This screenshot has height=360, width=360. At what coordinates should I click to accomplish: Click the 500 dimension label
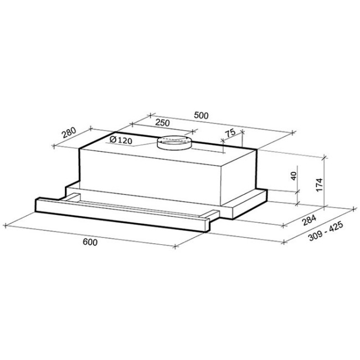click(x=201, y=115)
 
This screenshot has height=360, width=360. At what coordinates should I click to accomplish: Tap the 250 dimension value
click(x=162, y=122)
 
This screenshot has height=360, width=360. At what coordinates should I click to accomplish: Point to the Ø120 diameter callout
click(x=121, y=140)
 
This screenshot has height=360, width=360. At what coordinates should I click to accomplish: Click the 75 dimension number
click(x=230, y=133)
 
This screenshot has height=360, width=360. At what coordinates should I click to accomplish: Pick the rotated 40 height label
click(x=294, y=176)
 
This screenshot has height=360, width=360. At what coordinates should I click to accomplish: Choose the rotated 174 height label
click(x=320, y=184)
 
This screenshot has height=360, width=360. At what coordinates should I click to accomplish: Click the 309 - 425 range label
click(x=326, y=231)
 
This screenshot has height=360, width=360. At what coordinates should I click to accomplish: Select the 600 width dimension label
click(x=90, y=242)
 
